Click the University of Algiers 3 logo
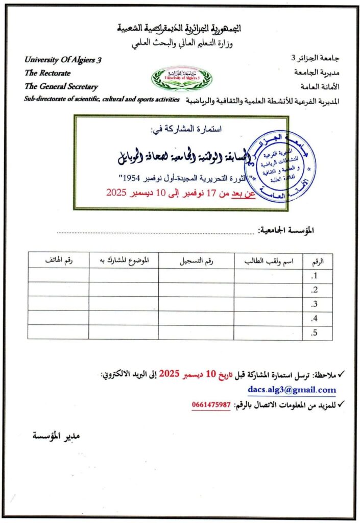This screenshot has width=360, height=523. (x=181, y=78)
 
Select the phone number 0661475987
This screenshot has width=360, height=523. (x=211, y=405)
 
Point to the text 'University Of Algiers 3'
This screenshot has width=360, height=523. (x=63, y=60)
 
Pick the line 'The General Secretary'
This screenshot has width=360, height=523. (x=61, y=87)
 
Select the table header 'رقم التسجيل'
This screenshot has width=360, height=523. (x=197, y=261)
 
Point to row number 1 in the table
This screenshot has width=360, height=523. (x=315, y=276)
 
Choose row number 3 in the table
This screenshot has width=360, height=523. (x=315, y=304)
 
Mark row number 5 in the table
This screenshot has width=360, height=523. (x=315, y=333)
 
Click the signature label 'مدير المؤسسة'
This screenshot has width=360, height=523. (x=57, y=436)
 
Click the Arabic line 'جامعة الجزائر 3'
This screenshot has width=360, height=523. (x=318, y=59)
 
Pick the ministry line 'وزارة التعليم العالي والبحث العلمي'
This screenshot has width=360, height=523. (x=182, y=43)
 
